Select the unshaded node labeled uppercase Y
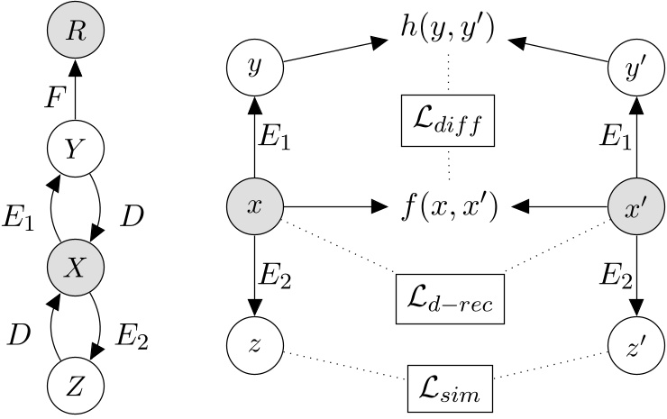[76, 146]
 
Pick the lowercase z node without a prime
[254, 347]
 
